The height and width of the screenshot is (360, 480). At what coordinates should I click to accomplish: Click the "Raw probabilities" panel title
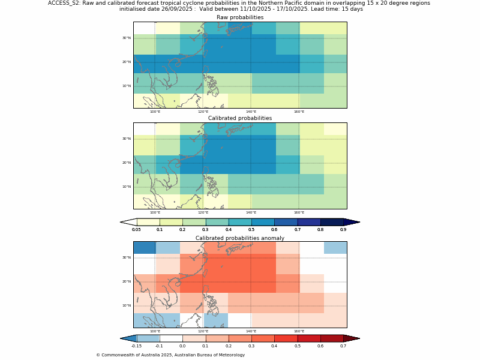[240, 17]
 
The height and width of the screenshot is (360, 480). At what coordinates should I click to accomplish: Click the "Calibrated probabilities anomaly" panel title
[240, 238]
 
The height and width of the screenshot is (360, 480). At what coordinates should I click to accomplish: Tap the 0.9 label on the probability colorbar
[343, 230]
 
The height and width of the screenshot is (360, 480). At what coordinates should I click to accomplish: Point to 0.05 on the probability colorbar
[136, 230]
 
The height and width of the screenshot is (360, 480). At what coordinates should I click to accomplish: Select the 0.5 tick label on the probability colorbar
[251, 230]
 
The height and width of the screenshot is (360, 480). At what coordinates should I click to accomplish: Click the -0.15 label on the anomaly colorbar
[136, 346]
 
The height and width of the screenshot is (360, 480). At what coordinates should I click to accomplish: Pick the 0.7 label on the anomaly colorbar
[343, 346]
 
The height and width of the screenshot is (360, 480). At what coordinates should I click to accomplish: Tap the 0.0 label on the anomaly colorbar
[182, 346]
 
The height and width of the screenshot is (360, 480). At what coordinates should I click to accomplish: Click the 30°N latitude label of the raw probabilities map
[127, 38]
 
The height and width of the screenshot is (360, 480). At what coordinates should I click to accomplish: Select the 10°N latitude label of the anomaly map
[127, 305]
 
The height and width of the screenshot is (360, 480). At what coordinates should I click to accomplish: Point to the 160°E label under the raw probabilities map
[299, 112]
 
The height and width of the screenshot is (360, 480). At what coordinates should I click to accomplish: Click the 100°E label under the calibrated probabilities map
[155, 212]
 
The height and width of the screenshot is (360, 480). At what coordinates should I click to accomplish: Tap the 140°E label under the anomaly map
[251, 331]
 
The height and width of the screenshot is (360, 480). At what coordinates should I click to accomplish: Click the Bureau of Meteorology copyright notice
[170, 355]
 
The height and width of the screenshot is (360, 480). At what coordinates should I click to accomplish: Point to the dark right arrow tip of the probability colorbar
[353, 222]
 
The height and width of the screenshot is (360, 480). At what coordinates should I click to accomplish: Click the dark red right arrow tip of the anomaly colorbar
[353, 338]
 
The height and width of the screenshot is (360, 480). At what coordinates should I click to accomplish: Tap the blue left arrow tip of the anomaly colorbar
[127, 338]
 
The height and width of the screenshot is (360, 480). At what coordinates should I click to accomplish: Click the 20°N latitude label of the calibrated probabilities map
[127, 163]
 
